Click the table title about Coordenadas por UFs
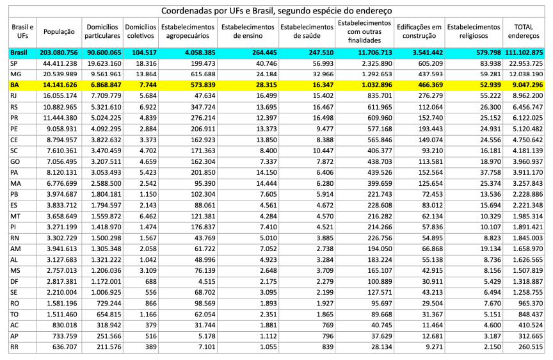[276, 11]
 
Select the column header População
[59, 31]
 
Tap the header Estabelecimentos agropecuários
[188, 31]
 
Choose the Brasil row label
[17, 52]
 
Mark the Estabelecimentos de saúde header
[305, 31]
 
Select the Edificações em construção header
[419, 31]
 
